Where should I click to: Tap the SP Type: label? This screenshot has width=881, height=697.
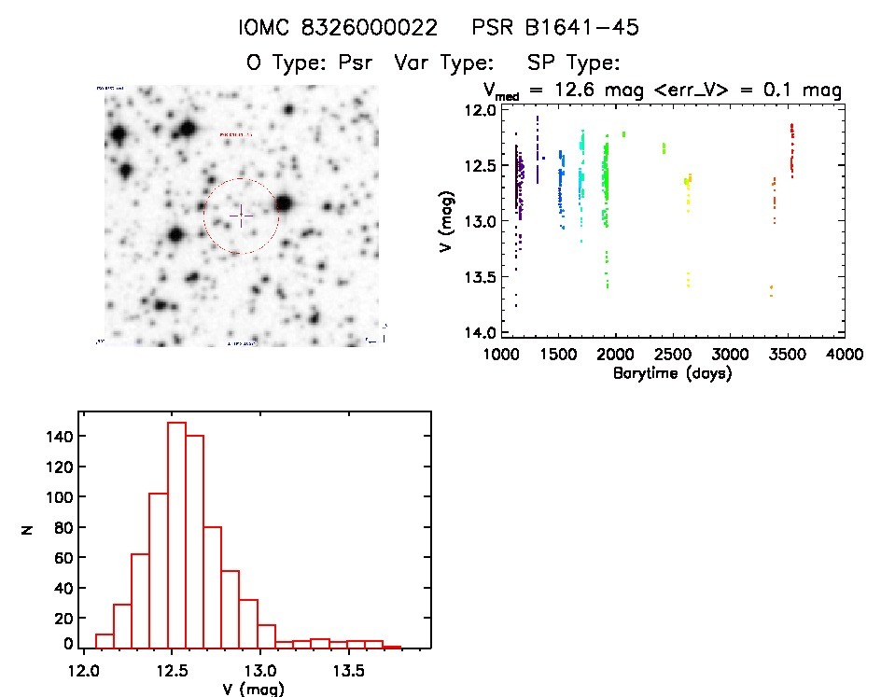click(574, 63)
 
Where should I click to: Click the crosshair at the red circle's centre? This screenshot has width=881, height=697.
click(241, 216)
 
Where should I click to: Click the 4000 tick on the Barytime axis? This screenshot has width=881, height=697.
click(844, 355)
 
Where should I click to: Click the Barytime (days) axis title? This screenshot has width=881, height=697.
click(672, 373)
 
